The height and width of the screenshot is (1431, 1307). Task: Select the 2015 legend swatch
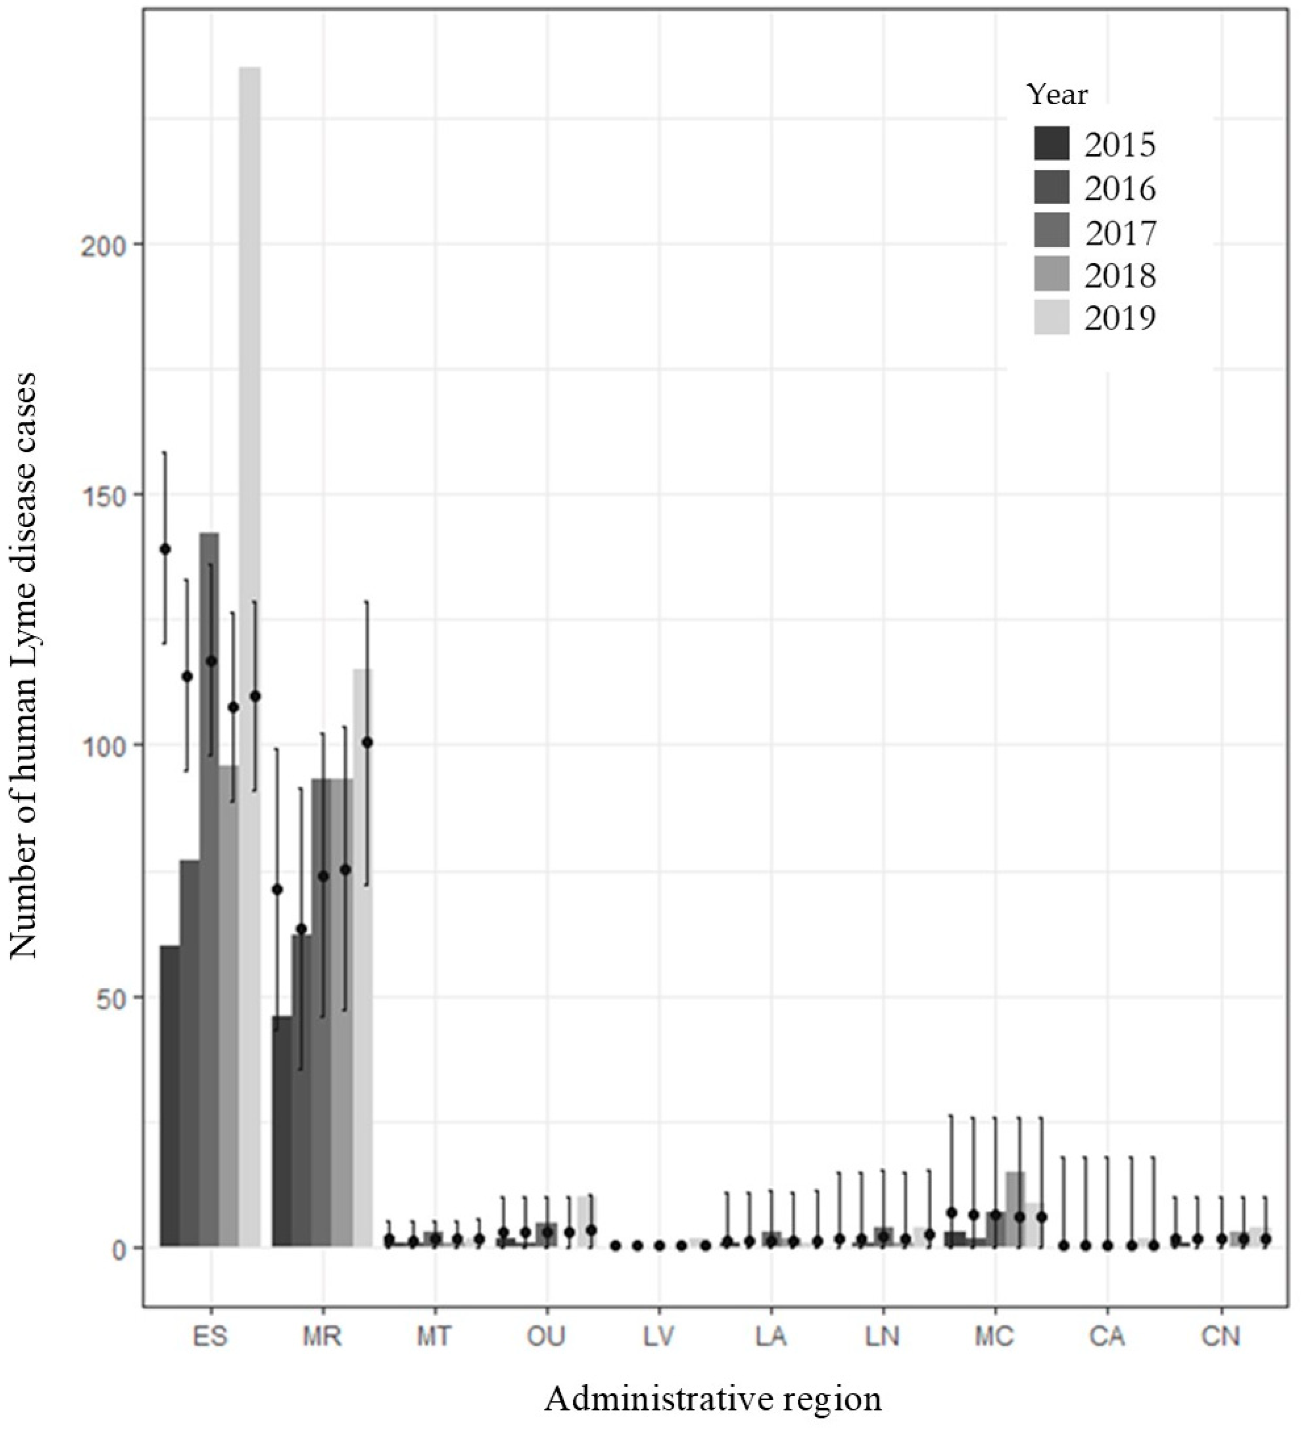pos(1052,144)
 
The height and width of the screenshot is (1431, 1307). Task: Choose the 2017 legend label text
pos(1120,232)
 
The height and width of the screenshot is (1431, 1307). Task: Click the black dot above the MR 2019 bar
pos(367,742)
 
